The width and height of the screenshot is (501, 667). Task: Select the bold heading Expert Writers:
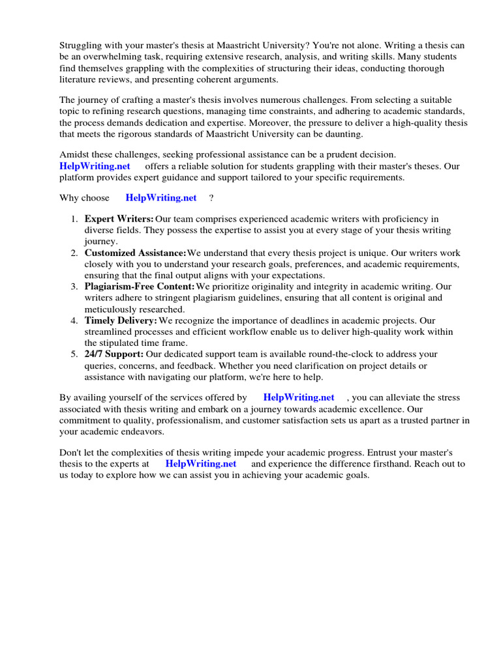point(119,219)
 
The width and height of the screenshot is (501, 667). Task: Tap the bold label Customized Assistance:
point(135,253)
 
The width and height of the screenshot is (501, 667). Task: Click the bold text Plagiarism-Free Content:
point(139,287)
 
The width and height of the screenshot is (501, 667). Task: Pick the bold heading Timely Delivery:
point(121,320)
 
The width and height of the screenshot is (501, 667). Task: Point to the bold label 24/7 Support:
point(114,354)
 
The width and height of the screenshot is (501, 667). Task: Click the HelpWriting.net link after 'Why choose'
point(161,197)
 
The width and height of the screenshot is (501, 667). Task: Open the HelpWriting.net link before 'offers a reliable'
point(95,166)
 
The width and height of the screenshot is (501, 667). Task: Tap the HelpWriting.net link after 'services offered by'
point(299,397)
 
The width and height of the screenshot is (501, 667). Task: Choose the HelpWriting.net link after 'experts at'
point(201,464)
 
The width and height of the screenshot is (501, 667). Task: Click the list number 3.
point(74,287)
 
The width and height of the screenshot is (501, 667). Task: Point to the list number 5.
point(74,354)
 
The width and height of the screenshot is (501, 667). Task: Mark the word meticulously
point(111,309)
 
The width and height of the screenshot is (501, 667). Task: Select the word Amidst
point(74,155)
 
